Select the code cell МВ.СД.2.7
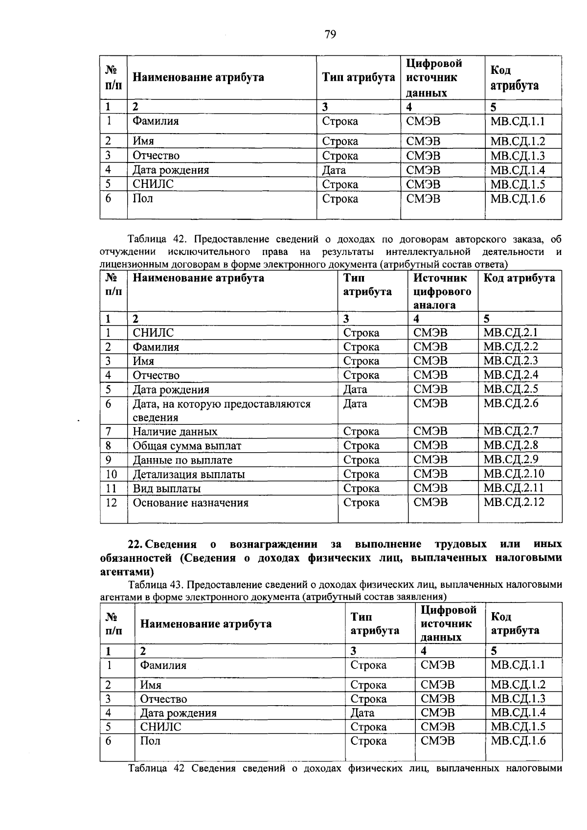tap(510, 431)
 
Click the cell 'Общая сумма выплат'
tap(187, 446)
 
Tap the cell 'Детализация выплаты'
tap(189, 474)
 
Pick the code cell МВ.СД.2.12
tap(514, 502)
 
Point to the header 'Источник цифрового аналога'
tap(442, 291)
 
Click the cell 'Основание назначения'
tap(190, 503)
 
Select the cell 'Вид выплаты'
tap(167, 488)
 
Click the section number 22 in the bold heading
tap(134, 544)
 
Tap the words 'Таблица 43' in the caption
tap(155, 584)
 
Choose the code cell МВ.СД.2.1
tap(510, 333)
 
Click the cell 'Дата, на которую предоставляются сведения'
tap(222, 410)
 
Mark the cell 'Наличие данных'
tap(175, 432)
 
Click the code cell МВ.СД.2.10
tap(514, 474)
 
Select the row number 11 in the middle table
tap(111, 488)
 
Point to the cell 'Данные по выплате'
tap(182, 460)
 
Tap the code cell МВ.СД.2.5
tap(510, 390)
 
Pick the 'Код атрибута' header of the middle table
tap(519, 278)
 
